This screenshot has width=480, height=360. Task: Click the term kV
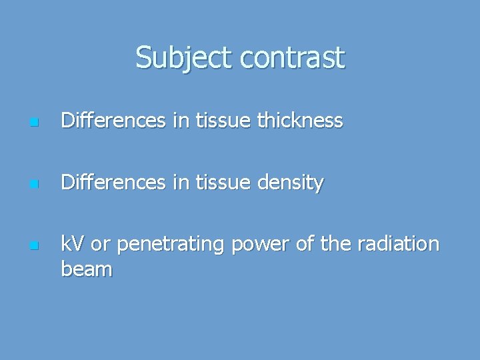73,245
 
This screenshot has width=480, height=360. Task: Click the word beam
86,269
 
